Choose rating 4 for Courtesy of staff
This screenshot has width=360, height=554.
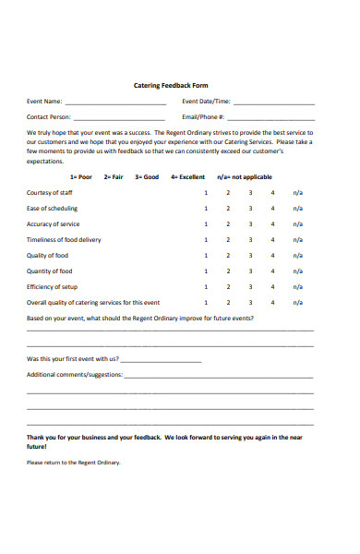(272, 193)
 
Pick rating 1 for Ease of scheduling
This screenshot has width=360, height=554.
(206, 209)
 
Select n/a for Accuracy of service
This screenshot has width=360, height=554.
(298, 224)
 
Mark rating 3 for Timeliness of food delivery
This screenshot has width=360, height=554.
(250, 240)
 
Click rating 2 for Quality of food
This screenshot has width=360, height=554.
(228, 256)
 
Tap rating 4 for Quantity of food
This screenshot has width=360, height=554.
(272, 271)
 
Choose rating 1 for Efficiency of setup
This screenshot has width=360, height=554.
(206, 287)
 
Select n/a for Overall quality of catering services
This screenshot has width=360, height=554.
(298, 303)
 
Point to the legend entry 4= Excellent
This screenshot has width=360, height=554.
(187, 176)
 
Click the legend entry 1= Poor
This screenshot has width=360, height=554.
(80, 176)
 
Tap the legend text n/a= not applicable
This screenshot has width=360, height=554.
(245, 176)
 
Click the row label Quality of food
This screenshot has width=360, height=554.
(47, 256)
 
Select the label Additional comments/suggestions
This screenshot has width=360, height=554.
(74, 375)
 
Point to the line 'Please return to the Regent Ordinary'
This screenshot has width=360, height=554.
(73, 462)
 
